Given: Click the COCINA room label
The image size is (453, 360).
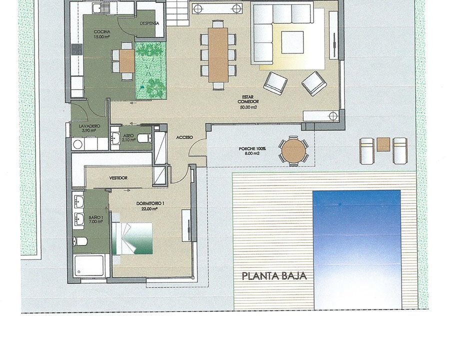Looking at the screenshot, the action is (102, 32).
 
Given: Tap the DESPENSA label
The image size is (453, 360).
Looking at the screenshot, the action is (149, 23).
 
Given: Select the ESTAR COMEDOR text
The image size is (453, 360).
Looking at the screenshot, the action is (248, 99).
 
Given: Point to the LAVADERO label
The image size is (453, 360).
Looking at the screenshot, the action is (89, 126).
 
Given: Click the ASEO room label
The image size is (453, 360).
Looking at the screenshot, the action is (128, 135).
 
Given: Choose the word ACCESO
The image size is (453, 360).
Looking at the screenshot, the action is (184, 137).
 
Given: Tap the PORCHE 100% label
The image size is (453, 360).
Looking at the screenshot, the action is (252, 149).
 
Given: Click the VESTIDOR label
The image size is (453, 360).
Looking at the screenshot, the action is (118, 178).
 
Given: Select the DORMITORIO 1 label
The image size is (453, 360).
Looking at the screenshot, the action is (150, 203).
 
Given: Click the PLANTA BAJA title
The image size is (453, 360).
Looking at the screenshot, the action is (274, 276).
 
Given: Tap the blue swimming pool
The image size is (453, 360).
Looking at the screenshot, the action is (357, 249).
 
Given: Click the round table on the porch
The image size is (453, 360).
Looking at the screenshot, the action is (293, 151).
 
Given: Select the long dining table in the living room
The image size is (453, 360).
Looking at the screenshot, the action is (218, 54).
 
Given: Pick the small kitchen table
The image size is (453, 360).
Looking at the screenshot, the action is (126, 60).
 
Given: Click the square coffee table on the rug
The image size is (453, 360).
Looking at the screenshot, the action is (292, 42).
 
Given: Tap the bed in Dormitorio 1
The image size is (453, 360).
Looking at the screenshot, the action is (133, 238).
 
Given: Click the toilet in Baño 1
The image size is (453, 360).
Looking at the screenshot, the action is (80, 241).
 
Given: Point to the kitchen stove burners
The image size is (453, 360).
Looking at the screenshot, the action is (77, 49).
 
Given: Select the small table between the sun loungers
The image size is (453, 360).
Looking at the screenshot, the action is (383, 144).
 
